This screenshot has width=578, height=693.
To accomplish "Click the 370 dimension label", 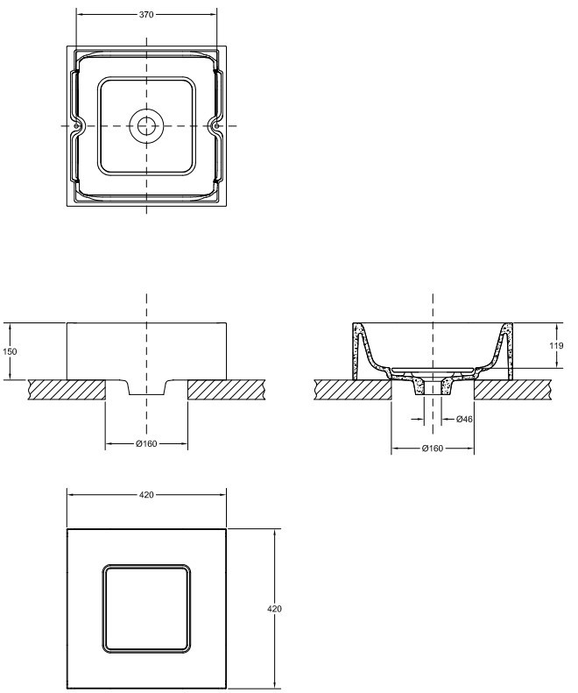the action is (x=146, y=15).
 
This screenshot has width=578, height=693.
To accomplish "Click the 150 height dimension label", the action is (x=11, y=351).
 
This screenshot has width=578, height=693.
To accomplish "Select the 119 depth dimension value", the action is (x=556, y=345).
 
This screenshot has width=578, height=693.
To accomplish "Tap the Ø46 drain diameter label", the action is (x=464, y=419).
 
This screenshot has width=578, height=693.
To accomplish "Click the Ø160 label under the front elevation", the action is (x=146, y=443).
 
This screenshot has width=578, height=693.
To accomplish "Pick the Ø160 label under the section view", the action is (x=432, y=449).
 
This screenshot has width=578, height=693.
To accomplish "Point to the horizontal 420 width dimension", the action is (x=146, y=495).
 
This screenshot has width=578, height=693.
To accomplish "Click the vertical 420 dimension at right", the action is (x=274, y=609).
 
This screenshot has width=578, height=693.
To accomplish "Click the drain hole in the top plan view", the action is (x=146, y=126).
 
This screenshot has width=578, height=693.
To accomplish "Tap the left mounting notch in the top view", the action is (x=77, y=126).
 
